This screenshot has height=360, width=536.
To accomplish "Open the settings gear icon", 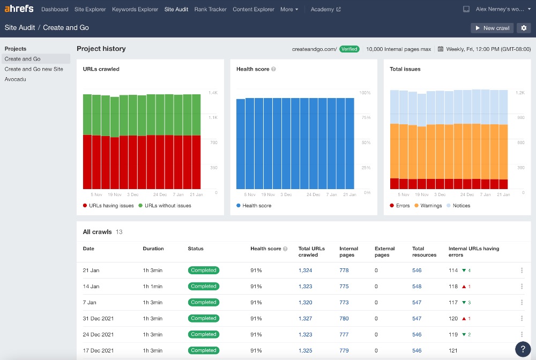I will (x=524, y=28).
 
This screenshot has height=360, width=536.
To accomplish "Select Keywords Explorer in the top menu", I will (x=135, y=9).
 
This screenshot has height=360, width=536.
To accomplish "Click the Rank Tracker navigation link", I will (x=210, y=9).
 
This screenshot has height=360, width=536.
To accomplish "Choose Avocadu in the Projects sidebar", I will (x=16, y=79).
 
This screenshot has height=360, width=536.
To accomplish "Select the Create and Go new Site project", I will (x=34, y=69).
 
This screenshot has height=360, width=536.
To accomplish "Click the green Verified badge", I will (x=349, y=49).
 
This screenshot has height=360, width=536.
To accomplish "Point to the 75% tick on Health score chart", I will (x=364, y=118).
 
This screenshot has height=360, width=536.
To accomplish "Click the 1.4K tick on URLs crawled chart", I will (x=213, y=93).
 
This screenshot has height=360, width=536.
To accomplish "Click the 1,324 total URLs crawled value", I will (x=305, y=271).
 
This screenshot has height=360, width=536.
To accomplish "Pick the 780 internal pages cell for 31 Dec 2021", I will (x=344, y=318).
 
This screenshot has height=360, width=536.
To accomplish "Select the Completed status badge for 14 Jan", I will (x=204, y=286).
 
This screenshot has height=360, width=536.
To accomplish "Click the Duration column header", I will (x=153, y=249).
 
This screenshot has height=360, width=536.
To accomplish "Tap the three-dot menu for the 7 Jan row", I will (x=522, y=302).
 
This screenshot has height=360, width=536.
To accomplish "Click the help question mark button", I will (x=523, y=349).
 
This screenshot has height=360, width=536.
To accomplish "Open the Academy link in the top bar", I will (x=325, y=9).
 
